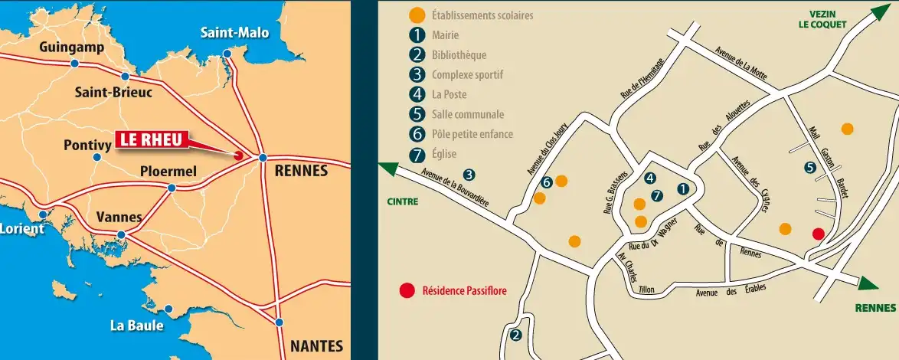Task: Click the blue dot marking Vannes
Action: (x=121, y=235)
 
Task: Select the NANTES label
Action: (x=316, y=345)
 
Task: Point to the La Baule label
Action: (x=136, y=326)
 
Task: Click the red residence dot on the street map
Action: (x=818, y=234)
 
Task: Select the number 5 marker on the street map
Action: (x=810, y=168)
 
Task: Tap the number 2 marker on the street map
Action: (x=515, y=335)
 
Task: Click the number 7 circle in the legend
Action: (x=417, y=154)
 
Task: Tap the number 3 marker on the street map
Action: (x=469, y=175)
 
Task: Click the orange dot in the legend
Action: (x=417, y=15)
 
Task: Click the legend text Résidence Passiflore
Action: (x=465, y=291)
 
